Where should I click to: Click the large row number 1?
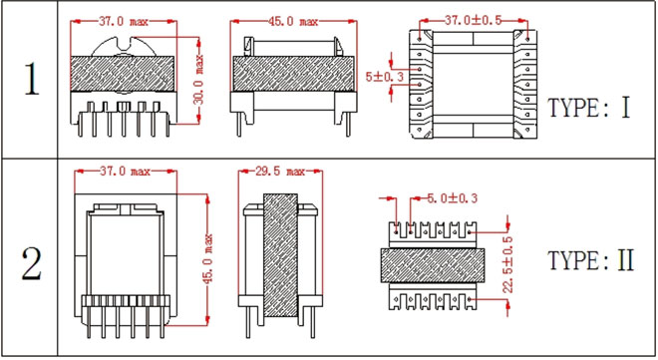[x=32, y=79]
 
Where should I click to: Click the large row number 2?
[x=32, y=263]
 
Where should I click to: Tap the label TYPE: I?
[x=589, y=108]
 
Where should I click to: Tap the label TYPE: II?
[x=591, y=260]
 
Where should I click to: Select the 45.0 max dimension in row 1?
[x=293, y=21]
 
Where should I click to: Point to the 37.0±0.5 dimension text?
[x=473, y=20]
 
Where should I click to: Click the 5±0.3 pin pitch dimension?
[x=385, y=77]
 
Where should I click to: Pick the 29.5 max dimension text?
[x=280, y=171]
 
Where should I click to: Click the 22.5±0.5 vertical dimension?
[x=507, y=264]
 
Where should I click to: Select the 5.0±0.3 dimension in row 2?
[x=452, y=198]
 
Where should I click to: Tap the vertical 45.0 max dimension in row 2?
[x=208, y=259]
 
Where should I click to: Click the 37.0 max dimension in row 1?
[x=124, y=21]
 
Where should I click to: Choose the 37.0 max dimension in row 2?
[x=125, y=171]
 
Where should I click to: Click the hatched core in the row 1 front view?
[x=123, y=74]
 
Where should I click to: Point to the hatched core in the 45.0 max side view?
[x=293, y=74]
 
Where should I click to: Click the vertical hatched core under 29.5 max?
[x=280, y=255]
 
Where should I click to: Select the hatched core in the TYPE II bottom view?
[x=433, y=265]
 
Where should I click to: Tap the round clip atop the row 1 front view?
[x=124, y=46]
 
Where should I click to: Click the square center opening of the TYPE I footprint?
[x=473, y=84]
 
